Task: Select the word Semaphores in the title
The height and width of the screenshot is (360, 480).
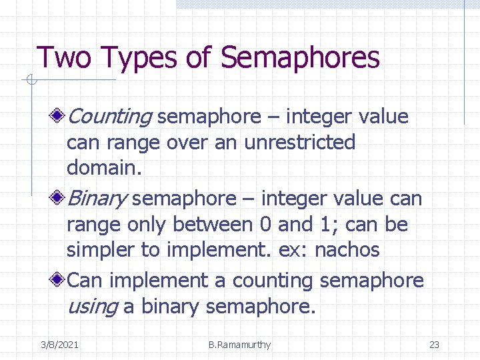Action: (300, 58)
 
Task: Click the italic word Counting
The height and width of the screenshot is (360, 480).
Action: (110, 117)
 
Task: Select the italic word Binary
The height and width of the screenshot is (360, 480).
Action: (98, 199)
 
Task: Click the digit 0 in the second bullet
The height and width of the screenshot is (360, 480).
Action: (262, 225)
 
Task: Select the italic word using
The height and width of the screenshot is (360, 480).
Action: (92, 307)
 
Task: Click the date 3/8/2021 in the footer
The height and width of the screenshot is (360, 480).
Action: (59, 345)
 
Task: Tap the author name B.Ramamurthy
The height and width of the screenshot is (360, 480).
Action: (239, 345)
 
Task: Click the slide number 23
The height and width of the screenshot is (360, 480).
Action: (434, 345)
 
